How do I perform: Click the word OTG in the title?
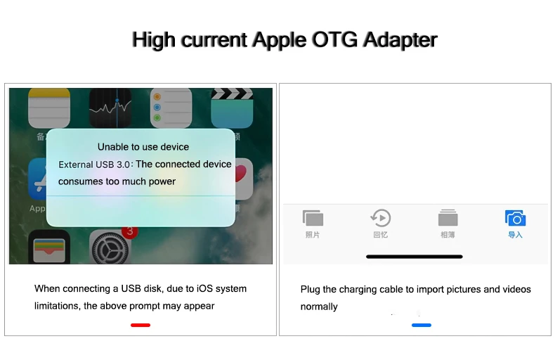point(334,39)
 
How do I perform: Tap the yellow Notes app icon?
point(49,108)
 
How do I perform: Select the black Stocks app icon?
point(110,108)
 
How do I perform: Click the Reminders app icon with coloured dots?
point(171,108)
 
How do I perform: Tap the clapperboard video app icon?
point(232,108)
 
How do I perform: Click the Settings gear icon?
point(110,247)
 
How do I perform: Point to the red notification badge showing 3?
point(130,232)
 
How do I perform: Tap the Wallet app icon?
point(49,247)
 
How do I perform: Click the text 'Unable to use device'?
point(143,147)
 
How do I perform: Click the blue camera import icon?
point(516,218)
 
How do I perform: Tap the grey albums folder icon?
point(448,217)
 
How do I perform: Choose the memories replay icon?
point(381,217)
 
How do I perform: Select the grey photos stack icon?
point(313,218)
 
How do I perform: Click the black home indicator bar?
point(414,257)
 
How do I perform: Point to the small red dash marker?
point(141,325)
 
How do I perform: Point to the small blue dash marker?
point(422,325)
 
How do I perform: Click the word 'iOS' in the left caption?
point(204,288)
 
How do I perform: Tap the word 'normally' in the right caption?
point(319,307)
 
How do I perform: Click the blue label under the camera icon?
point(516,235)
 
